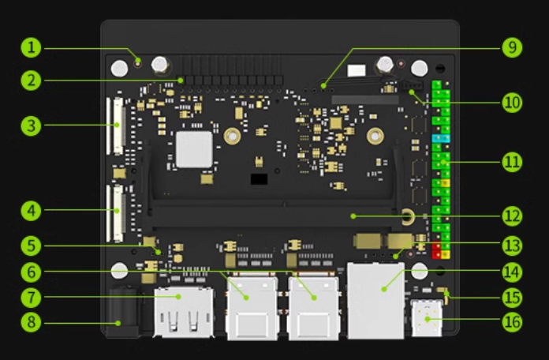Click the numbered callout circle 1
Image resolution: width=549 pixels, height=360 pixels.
click(x=31, y=47)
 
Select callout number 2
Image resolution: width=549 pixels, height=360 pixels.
click(x=31, y=80)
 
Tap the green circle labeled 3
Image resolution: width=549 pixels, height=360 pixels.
click(x=31, y=125)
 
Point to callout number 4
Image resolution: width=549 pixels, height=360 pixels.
click(x=31, y=211)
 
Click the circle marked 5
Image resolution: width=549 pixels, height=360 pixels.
click(x=31, y=246)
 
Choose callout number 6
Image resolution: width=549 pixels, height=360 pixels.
click(x=31, y=272)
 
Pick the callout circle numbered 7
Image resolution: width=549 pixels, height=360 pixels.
click(x=31, y=298)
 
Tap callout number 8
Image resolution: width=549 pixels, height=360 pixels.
click(x=31, y=323)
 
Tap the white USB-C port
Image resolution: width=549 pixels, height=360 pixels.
click(x=427, y=321)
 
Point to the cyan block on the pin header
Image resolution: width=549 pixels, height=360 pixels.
click(x=441, y=138)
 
